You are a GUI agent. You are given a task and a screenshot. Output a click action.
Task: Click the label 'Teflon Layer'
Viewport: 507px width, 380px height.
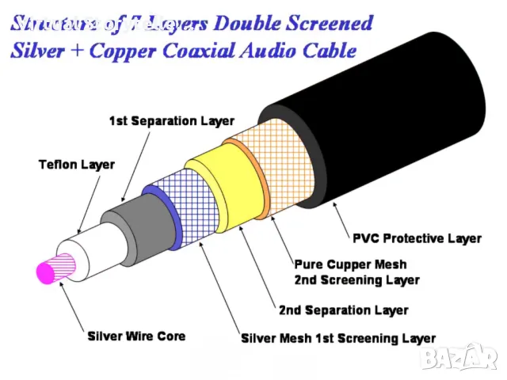(x=77, y=165)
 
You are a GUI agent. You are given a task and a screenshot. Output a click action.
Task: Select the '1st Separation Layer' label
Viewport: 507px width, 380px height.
(x=171, y=121)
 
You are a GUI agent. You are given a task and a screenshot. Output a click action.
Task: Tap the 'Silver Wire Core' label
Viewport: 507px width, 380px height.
(x=136, y=336)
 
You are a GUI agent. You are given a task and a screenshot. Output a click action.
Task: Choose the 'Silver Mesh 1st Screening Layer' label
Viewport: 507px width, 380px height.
(x=338, y=339)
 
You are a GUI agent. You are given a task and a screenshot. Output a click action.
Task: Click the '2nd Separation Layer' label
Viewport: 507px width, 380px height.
(x=343, y=310)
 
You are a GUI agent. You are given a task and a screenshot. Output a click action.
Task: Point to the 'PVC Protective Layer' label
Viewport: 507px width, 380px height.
(x=416, y=238)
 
